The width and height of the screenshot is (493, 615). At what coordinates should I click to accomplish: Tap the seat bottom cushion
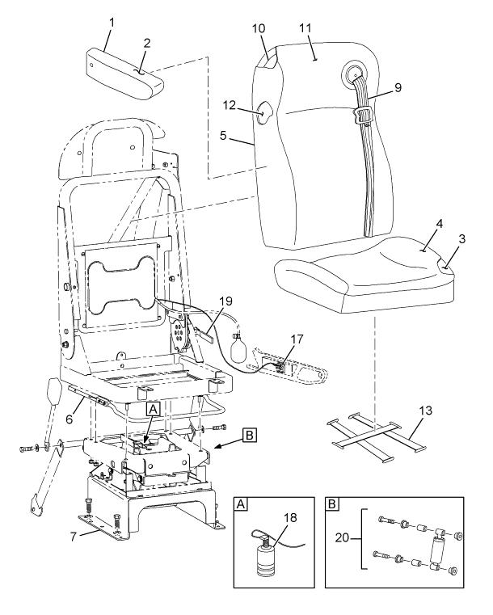[x=356, y=275]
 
